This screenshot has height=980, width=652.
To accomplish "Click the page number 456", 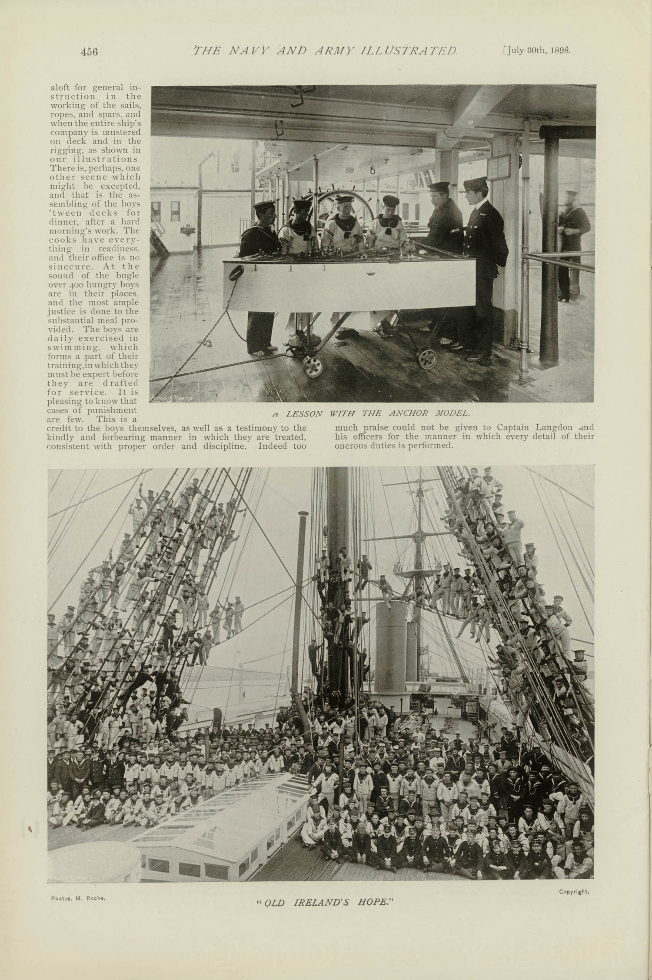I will pyautogui.click(x=89, y=51).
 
